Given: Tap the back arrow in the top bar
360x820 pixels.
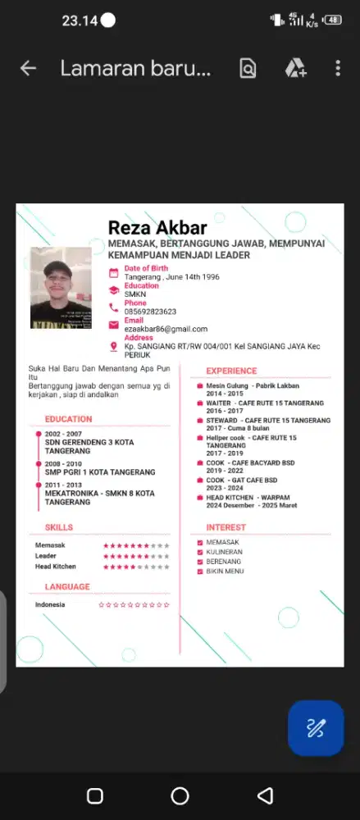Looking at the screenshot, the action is pos(28,69).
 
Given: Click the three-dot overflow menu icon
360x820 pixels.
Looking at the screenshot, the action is pos(338,69).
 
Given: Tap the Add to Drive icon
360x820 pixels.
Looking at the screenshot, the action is pos(295,69).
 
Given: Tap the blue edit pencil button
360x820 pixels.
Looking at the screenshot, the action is pos(316,727).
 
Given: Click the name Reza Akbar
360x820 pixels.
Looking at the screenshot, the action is pos(157,227).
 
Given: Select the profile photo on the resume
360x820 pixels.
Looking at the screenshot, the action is pos(61,288).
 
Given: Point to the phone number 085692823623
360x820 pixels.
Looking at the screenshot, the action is pos(150,312).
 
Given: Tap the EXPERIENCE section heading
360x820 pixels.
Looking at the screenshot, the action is pos(231,371).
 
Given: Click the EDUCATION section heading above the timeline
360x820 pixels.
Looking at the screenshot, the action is pos(69,419).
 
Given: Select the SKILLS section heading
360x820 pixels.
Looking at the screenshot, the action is pos(59,527).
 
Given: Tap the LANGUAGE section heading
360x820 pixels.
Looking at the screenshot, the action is pos(67,587).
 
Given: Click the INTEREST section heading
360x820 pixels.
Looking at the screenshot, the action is pos(226,527).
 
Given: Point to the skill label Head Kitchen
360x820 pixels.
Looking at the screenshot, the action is pos(55,567).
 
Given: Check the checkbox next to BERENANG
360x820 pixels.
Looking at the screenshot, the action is pos(200,562).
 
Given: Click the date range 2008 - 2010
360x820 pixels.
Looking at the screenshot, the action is pos(64,464).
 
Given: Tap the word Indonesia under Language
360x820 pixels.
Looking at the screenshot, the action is pos(50,605).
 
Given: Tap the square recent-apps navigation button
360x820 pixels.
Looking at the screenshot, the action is pos(94,795).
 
